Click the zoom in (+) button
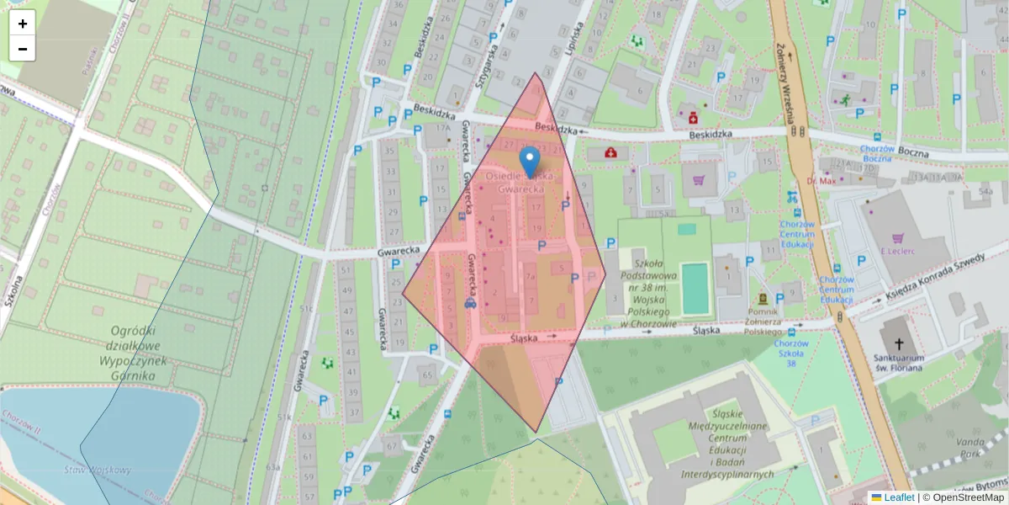[x=23, y=24]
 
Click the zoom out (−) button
[x=23, y=49]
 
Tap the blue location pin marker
[x=529, y=160]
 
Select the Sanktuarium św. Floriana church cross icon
[x=900, y=343]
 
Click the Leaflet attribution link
[x=898, y=497]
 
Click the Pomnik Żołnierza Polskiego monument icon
[x=763, y=299]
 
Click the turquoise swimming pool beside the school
[x=695, y=288]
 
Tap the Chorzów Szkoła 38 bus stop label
[x=792, y=352]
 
